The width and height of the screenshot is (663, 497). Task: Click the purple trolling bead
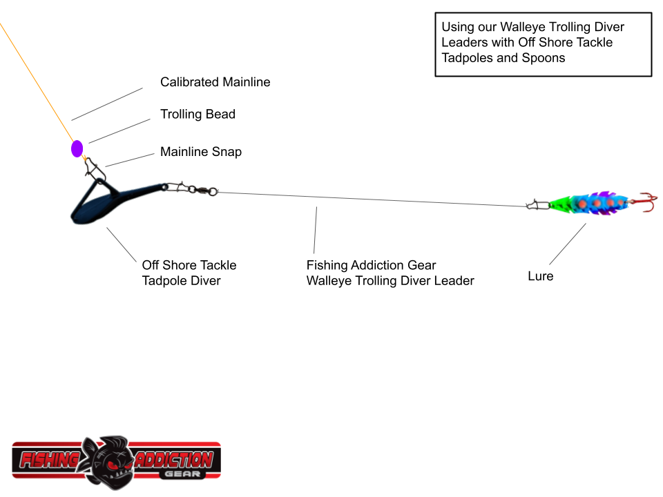coord(77,148)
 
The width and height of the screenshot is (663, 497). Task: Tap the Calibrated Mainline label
coord(215,82)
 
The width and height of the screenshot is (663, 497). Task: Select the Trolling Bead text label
coord(198,115)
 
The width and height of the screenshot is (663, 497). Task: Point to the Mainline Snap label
coord(201,152)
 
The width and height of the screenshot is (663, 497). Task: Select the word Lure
coord(541,276)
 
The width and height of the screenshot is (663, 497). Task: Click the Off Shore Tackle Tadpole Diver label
coord(189,273)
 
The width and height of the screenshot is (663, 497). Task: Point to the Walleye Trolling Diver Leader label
coord(390,273)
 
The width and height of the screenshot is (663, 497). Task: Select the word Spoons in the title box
coord(544,58)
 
